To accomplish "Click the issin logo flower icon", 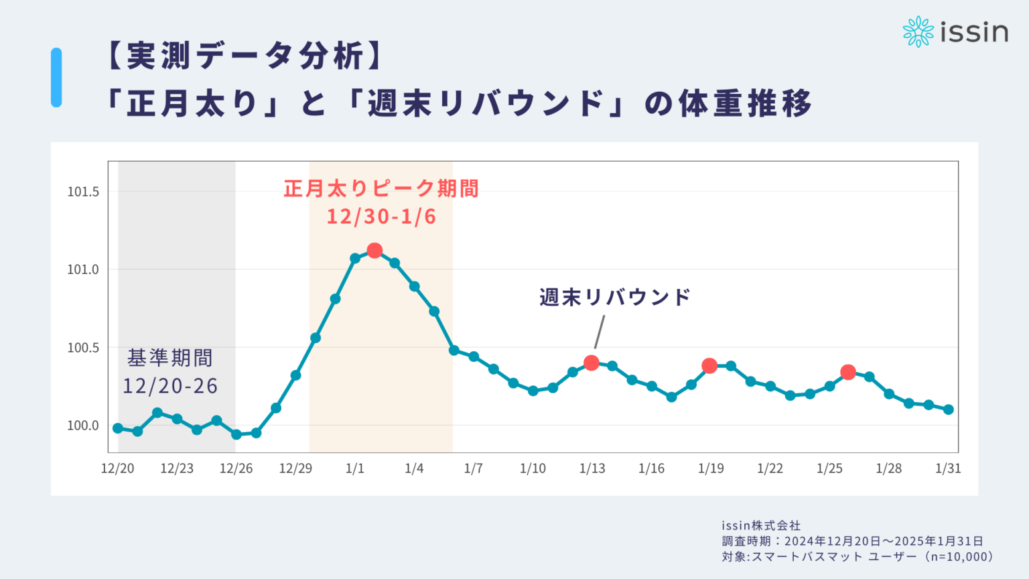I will tap(918, 31).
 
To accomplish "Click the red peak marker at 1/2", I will tap(374, 251).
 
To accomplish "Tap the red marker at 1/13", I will tap(591, 363).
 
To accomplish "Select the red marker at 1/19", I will tap(709, 366).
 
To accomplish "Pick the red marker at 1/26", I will tap(847, 372).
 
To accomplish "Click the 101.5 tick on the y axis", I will tap(83, 192).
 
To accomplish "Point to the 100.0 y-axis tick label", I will tap(83, 426).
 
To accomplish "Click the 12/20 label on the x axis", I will tap(118, 468).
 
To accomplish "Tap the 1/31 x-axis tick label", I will tap(948, 468).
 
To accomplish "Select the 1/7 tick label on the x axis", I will tap(474, 468).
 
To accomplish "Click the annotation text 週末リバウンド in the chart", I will tap(615, 298).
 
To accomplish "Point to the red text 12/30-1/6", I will tap(381, 217).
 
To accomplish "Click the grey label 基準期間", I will tap(170, 359).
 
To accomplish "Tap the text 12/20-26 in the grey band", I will tap(170, 386).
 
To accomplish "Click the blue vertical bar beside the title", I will tap(56, 77).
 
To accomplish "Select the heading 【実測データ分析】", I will tap(245, 56).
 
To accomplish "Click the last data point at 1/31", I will tap(948, 409).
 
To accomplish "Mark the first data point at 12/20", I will tap(118, 428).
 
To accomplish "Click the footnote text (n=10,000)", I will tap(957, 557).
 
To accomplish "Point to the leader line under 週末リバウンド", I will tap(600, 332).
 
